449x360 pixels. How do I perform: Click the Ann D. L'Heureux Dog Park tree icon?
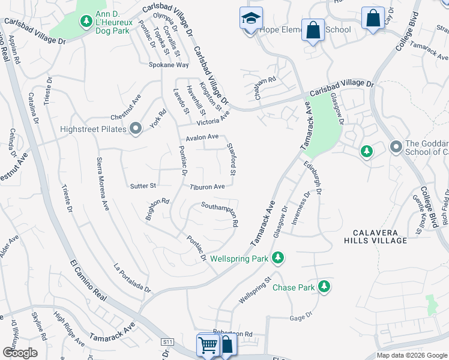(86, 22)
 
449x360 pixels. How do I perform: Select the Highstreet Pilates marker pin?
(136, 128)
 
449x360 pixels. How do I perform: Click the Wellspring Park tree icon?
(277, 258)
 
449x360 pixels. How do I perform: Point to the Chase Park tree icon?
(324, 287)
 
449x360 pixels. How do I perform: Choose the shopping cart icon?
(208, 345)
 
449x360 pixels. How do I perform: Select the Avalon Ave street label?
(202, 137)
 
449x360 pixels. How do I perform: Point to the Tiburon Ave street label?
(207, 187)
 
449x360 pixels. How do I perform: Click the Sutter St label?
(143, 186)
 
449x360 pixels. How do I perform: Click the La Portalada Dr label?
(132, 278)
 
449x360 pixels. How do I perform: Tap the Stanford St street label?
(230, 158)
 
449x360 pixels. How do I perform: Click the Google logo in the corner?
(20, 352)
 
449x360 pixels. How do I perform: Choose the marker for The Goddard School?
(396, 146)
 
